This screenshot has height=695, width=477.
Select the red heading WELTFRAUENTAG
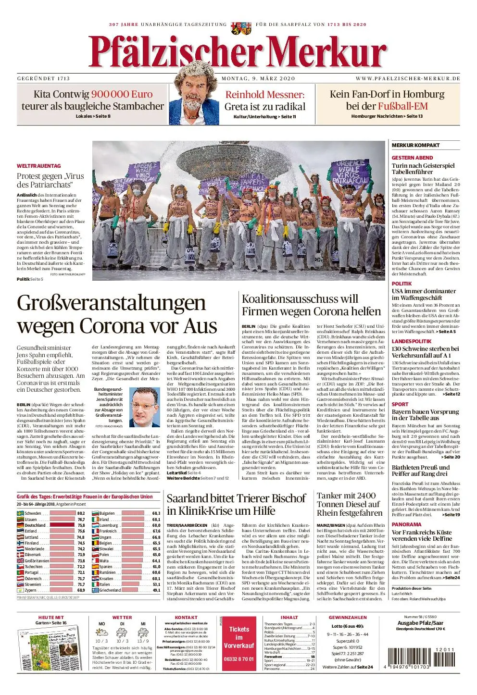(39, 166)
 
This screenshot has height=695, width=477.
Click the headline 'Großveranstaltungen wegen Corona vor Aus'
(117, 314)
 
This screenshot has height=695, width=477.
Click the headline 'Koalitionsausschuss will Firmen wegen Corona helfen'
(311, 305)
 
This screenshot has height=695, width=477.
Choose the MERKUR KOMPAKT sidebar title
(415, 145)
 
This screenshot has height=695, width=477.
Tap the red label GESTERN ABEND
(412, 158)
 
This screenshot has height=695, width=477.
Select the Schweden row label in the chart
(33, 513)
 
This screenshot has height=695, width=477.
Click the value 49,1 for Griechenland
(156, 590)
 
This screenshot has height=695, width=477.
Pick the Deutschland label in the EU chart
(35, 525)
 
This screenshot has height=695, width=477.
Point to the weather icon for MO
(102, 632)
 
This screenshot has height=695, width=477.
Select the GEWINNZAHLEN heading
(348, 618)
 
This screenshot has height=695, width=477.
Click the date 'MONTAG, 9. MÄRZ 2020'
(258, 78)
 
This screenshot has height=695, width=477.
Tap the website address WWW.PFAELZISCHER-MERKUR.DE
(408, 78)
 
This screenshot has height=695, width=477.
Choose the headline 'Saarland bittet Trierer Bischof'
(236, 504)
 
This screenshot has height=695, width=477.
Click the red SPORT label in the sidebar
(400, 404)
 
